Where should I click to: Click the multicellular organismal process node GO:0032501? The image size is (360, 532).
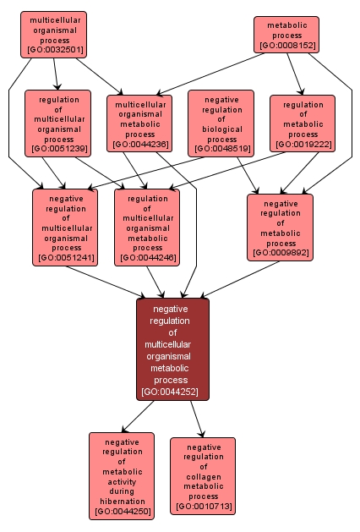(x=54, y=35)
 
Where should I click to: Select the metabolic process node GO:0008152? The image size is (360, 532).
(x=286, y=34)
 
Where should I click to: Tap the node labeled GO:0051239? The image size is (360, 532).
(x=57, y=124)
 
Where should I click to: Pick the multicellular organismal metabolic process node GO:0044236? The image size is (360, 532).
(x=139, y=123)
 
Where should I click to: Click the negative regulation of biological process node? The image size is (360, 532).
(x=221, y=123)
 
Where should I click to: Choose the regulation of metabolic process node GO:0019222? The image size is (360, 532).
(x=303, y=123)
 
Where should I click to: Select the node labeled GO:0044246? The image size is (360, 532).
(x=147, y=227)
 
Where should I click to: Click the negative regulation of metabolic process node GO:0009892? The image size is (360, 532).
(x=280, y=227)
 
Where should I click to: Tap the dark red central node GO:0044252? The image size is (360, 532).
(x=172, y=349)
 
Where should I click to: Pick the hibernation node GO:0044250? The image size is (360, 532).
(x=122, y=475)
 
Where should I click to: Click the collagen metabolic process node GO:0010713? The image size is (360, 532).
(x=203, y=475)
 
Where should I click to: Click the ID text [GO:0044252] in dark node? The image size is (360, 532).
(x=172, y=392)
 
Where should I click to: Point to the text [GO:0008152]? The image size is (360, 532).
(x=286, y=46)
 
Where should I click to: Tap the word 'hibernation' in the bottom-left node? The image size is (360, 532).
(x=122, y=502)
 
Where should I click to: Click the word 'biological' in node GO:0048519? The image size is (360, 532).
(x=221, y=129)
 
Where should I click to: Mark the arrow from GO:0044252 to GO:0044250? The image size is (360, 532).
(x=138, y=416)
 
